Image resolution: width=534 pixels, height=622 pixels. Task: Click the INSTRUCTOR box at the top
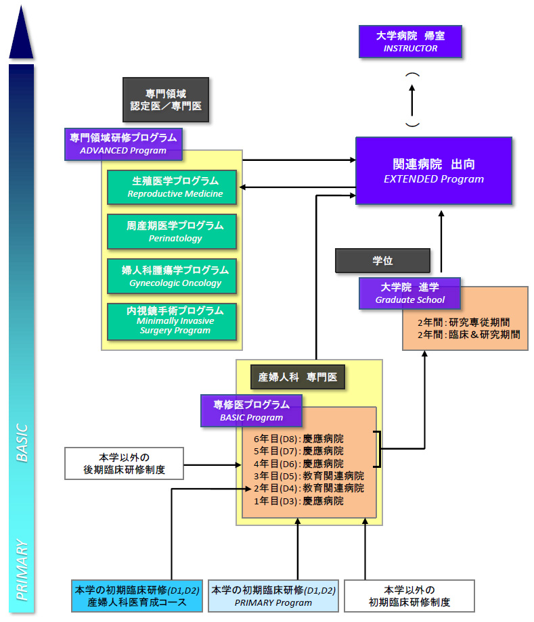[410, 41]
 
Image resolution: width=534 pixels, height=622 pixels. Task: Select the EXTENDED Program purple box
[433, 171]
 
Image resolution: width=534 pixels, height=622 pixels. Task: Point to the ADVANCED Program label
[123, 144]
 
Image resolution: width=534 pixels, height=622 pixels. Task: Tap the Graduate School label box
[410, 293]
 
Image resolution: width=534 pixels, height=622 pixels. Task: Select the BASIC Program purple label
[251, 410]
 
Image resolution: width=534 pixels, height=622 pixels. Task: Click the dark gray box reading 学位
[382, 260]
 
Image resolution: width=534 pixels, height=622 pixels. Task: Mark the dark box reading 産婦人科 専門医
[298, 377]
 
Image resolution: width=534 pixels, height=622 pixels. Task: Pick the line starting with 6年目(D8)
[298, 437]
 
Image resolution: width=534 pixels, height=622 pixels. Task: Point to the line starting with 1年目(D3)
[298, 501]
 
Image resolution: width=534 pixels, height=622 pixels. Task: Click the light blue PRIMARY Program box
[273, 596]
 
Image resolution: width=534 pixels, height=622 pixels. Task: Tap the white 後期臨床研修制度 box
[124, 463]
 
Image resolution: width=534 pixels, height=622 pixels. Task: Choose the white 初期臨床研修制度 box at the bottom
[409, 596]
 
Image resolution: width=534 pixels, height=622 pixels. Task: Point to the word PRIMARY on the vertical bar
[22, 569]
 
